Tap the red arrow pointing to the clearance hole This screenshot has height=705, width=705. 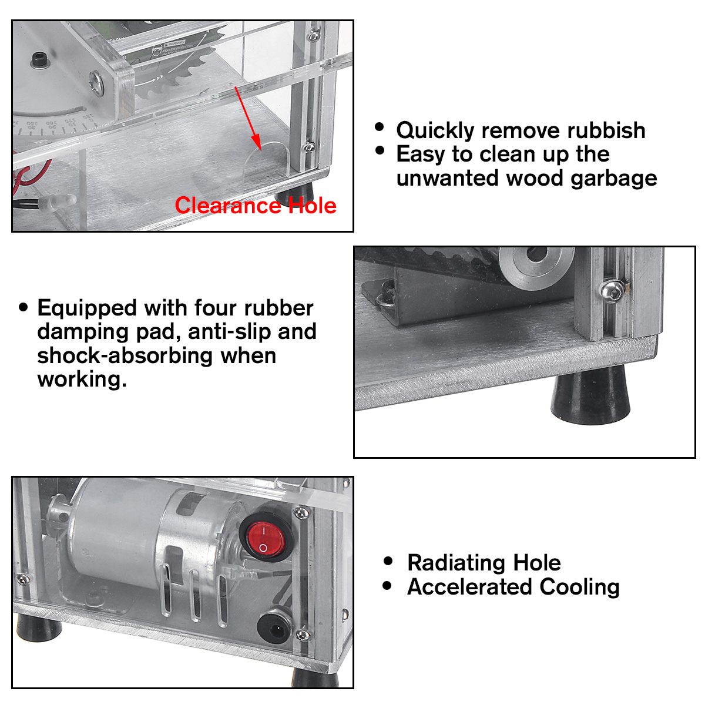click(x=247, y=117)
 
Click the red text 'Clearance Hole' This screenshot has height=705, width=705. click(x=256, y=206)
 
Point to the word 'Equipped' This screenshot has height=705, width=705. click(x=87, y=308)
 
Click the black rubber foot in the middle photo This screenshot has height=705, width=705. click(x=591, y=397)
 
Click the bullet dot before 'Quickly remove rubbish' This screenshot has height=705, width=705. click(x=380, y=127)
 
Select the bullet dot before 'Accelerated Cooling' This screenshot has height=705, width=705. click(x=387, y=586)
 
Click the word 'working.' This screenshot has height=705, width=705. click(x=82, y=380)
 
